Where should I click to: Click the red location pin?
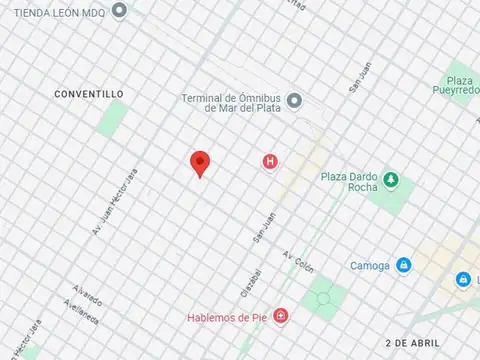pos(200,164)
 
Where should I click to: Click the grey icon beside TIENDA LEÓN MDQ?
pos(119,11)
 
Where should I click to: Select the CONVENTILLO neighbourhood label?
pos(90,93)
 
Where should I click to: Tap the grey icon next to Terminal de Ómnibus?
pos(294,100)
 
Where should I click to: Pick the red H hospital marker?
pos(269,161)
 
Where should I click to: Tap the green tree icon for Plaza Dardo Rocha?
pos(391,179)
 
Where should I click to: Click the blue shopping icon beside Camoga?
pos(403,265)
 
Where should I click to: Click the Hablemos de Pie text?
pos(227,318)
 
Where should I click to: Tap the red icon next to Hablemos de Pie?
pos(281,317)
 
